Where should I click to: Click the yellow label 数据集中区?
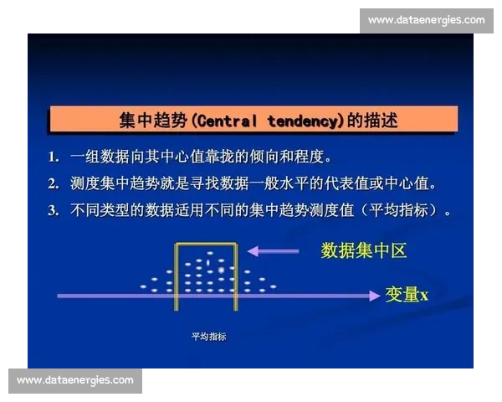click(x=364, y=250)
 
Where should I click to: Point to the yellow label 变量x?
click(x=407, y=294)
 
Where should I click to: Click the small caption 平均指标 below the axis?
click(x=209, y=337)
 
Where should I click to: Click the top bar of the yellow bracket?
click(x=206, y=244)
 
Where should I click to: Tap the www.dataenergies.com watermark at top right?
click(x=426, y=20)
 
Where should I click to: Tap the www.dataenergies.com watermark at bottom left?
click(x=75, y=380)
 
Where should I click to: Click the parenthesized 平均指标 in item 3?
click(x=402, y=210)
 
